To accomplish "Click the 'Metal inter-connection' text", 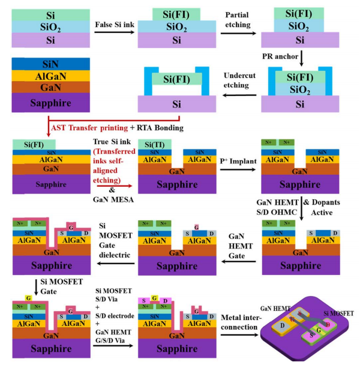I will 239,321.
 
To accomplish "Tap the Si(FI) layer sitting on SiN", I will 34,144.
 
